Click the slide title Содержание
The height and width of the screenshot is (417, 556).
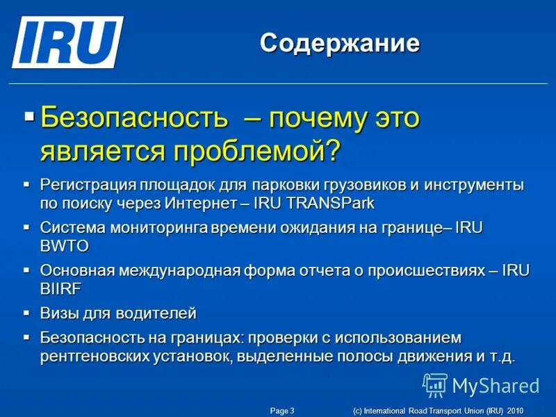click(340, 43)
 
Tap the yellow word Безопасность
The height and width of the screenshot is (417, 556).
click(133, 118)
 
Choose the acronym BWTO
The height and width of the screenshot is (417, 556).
click(65, 246)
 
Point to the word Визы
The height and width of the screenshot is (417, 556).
click(58, 313)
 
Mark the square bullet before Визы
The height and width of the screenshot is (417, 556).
click(27, 313)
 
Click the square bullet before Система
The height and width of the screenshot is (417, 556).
click(27, 227)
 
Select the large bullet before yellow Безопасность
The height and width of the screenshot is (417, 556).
click(29, 115)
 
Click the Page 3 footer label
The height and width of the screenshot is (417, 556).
click(283, 411)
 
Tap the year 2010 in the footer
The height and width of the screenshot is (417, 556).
click(515, 411)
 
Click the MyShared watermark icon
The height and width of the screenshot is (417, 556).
click(435, 384)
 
